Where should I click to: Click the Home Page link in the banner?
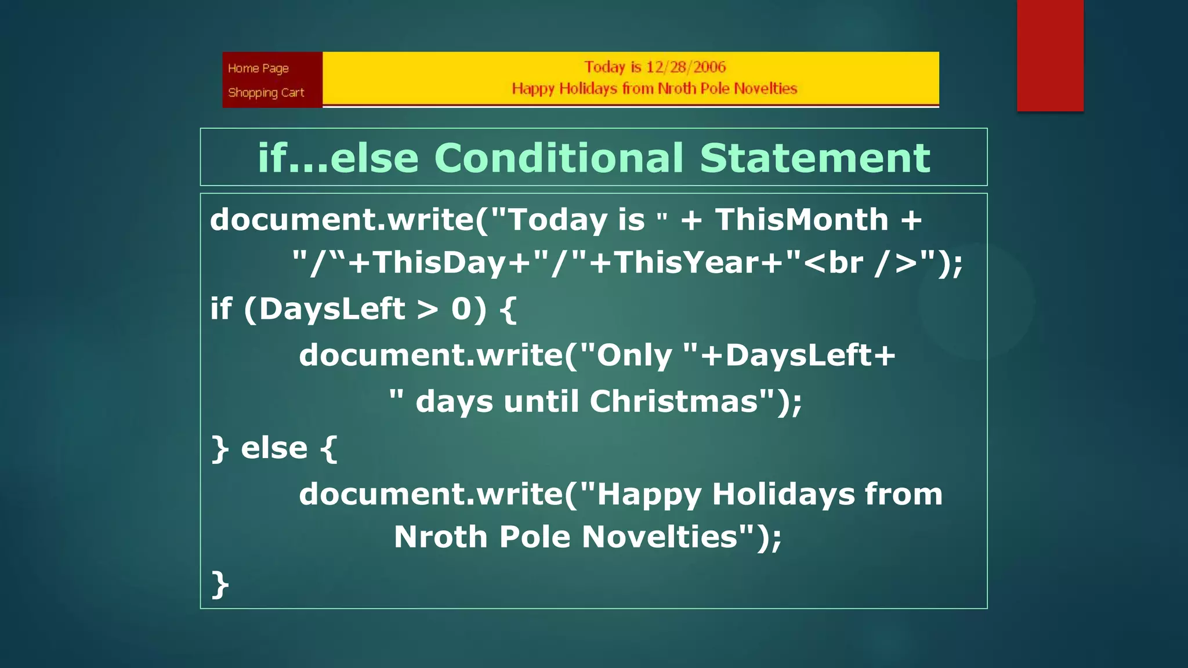tap(258, 68)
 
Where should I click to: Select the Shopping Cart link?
tap(266, 93)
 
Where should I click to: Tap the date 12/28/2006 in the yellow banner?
tap(686, 67)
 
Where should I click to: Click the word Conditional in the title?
tap(559, 158)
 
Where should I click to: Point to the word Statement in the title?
tap(814, 158)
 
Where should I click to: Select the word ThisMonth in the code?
tap(801, 220)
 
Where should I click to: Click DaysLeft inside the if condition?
tap(332, 308)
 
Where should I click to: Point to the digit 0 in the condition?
tap(462, 308)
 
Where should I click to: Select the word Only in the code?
tap(634, 355)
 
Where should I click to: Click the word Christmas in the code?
tap(674, 401)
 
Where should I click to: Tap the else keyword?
tap(274, 448)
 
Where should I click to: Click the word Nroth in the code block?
tap(440, 536)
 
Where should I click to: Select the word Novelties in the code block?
tap(660, 536)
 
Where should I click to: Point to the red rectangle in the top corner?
tap(1050, 55)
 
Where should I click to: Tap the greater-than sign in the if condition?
tap(428, 309)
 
